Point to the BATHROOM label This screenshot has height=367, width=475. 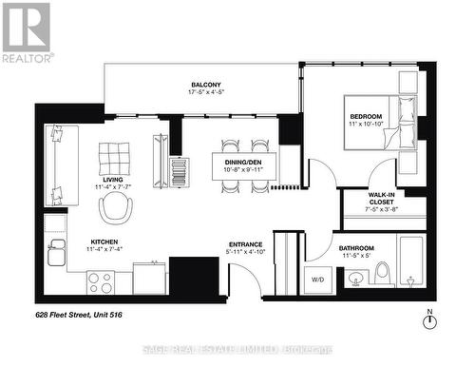coord(356,248)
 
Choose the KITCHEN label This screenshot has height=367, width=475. coord(104,242)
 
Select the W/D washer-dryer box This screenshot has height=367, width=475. coord(318,280)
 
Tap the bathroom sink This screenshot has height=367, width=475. coord(356,279)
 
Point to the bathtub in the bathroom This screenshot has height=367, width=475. coord(414,265)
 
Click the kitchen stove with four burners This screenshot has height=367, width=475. coord(101,282)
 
